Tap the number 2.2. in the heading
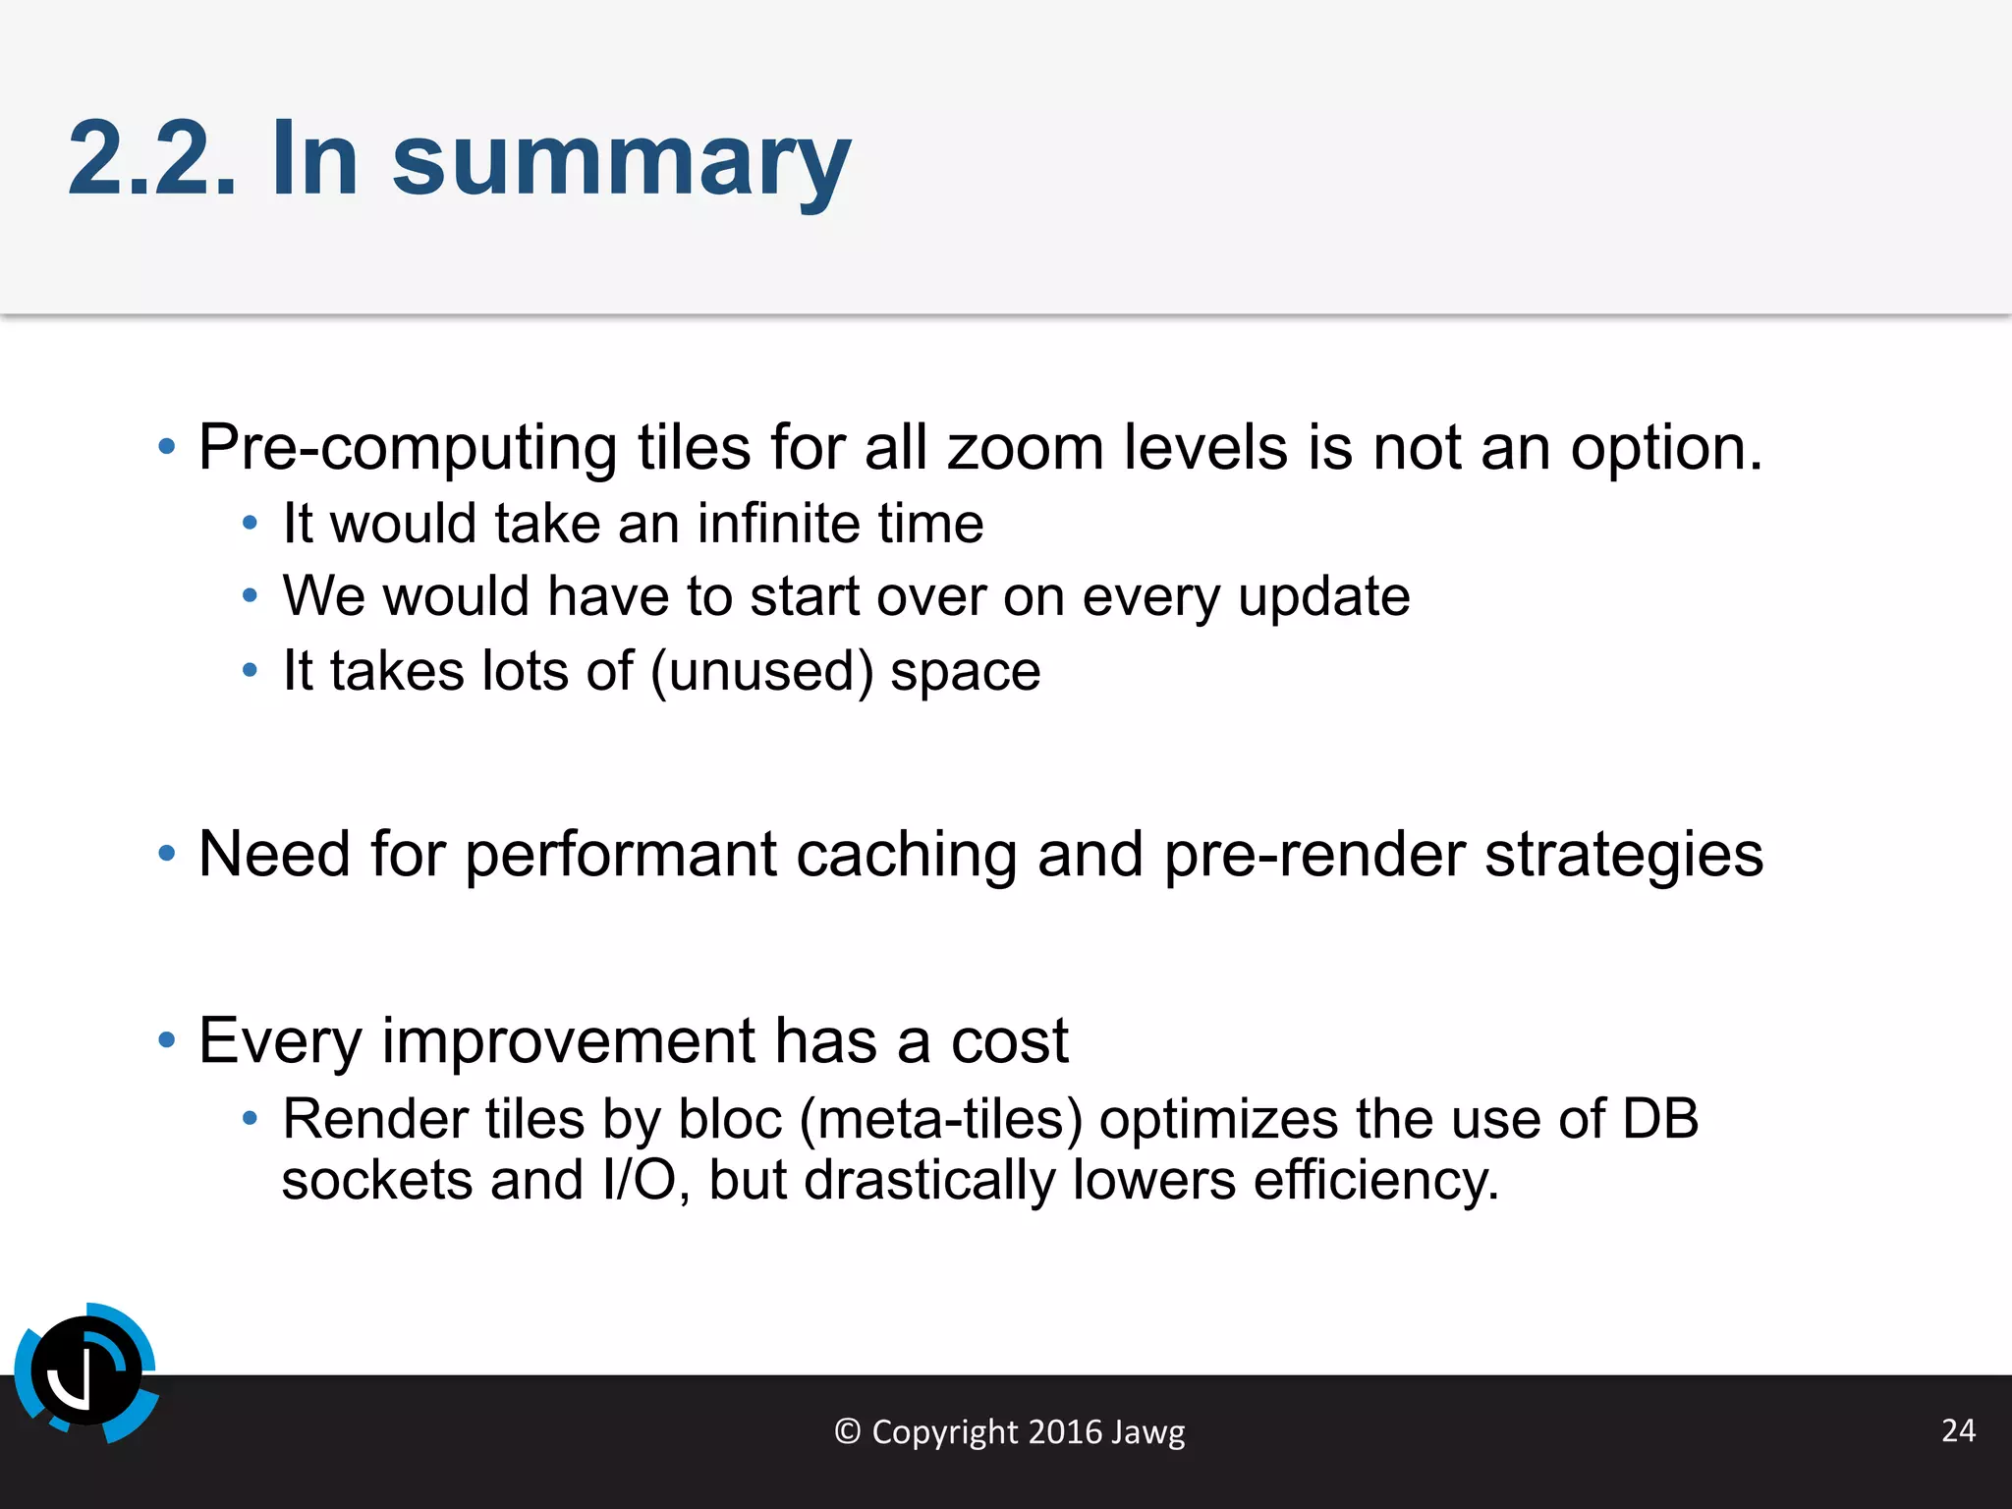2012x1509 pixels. [x=152, y=160]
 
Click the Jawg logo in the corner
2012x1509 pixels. [x=86, y=1372]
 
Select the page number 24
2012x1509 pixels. [x=1958, y=1430]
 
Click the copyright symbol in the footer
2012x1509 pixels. [x=847, y=1431]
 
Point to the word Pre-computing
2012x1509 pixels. [x=407, y=448]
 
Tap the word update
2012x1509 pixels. [x=1323, y=597]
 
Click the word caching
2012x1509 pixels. [x=906, y=854]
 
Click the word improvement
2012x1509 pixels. [x=568, y=1040]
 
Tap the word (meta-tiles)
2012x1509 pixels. [x=940, y=1119]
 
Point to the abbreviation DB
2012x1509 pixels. [x=1659, y=1119]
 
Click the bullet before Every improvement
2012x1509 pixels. [x=167, y=1040]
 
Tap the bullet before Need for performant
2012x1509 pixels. [x=167, y=854]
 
